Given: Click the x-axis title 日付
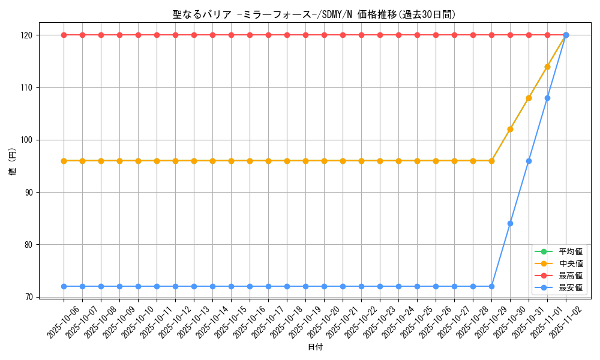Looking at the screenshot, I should pyautogui.click(x=314, y=347).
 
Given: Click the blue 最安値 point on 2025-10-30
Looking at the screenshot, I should pyautogui.click(x=510, y=223).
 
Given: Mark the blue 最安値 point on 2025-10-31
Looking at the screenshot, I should pyautogui.click(x=529, y=161).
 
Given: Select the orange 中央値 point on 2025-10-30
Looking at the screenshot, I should pyautogui.click(x=510, y=129).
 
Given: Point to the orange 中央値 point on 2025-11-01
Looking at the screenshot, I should pyautogui.click(x=547, y=67).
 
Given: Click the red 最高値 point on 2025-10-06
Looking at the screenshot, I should pyautogui.click(x=64, y=35).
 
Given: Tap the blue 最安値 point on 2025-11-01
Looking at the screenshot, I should pyautogui.click(x=547, y=98).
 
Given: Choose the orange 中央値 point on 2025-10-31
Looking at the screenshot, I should pyautogui.click(x=529, y=98).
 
